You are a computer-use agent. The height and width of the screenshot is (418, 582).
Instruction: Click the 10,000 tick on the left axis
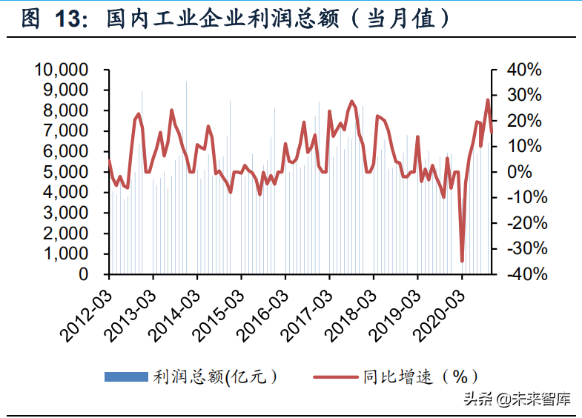click(x=62, y=70)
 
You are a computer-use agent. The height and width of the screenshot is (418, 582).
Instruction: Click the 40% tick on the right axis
click(x=525, y=70)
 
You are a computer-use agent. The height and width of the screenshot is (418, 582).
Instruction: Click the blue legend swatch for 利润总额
click(x=126, y=377)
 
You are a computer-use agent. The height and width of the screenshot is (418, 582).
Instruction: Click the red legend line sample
click(x=334, y=377)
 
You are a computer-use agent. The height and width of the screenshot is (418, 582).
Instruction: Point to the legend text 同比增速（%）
click(x=420, y=377)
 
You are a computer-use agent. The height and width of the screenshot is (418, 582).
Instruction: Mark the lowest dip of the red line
click(x=462, y=261)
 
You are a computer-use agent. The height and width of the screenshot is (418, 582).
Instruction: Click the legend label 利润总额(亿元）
click(x=216, y=377)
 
